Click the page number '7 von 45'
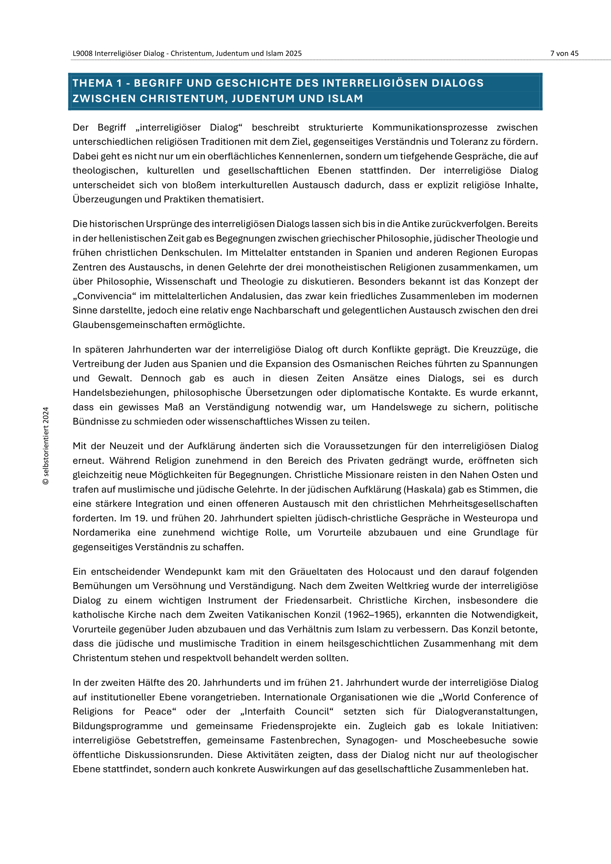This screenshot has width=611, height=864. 564,54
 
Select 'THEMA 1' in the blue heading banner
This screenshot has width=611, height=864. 98,83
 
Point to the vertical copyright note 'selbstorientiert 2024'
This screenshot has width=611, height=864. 46,446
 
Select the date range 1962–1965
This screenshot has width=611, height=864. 372,615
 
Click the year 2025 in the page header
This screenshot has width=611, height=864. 293,54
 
